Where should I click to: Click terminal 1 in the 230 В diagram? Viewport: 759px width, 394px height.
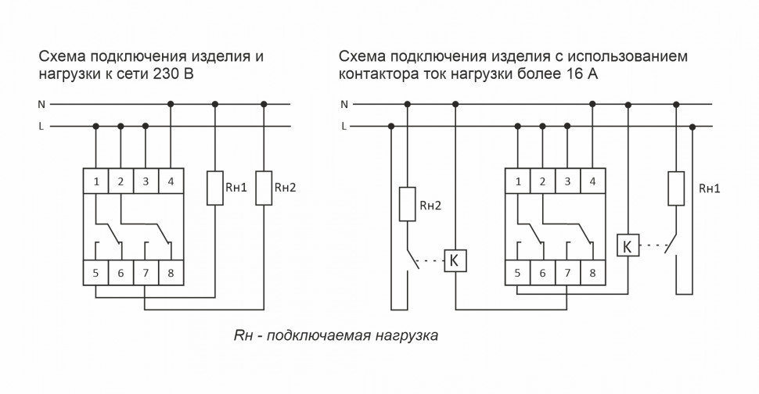95,182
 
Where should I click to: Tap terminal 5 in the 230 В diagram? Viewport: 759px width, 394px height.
95,273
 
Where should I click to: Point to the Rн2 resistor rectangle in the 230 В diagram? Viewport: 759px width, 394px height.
264,188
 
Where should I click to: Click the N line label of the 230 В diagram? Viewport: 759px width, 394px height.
41,104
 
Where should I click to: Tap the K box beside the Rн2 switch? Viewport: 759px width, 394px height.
455,260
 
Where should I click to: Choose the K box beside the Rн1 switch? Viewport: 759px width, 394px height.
628,246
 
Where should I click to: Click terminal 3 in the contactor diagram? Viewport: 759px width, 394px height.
567,182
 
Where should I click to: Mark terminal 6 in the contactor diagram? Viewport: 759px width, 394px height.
542,273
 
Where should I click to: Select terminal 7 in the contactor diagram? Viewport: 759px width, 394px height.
567,273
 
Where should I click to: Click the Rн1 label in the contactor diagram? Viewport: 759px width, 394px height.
709,188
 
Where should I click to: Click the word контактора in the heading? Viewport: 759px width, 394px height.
377,75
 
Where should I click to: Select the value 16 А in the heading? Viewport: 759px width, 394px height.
582,75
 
